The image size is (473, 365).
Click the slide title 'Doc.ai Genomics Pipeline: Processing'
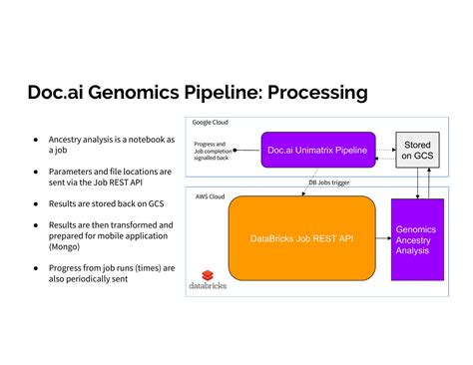coord(197,93)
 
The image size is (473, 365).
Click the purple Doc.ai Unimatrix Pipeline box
coord(318,151)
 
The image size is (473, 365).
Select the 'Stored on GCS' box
coord(417,149)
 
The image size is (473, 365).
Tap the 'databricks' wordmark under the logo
coord(207,285)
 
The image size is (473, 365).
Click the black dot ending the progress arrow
coord(235,151)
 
